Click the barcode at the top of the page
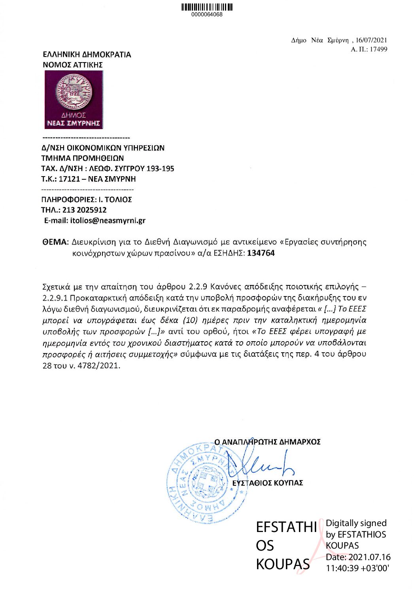207,7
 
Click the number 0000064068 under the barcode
207,15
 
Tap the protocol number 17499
378,49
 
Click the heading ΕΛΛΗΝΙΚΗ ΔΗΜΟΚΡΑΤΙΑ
87,55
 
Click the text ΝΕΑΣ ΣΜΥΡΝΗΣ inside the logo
74,123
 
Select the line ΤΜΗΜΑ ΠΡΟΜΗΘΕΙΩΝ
82,158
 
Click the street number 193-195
160,169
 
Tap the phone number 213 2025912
84,210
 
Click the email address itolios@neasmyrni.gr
108,220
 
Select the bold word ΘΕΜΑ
55,242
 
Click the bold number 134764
261,253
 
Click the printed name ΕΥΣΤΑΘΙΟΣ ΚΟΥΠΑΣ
268,483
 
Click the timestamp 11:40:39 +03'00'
357,568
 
